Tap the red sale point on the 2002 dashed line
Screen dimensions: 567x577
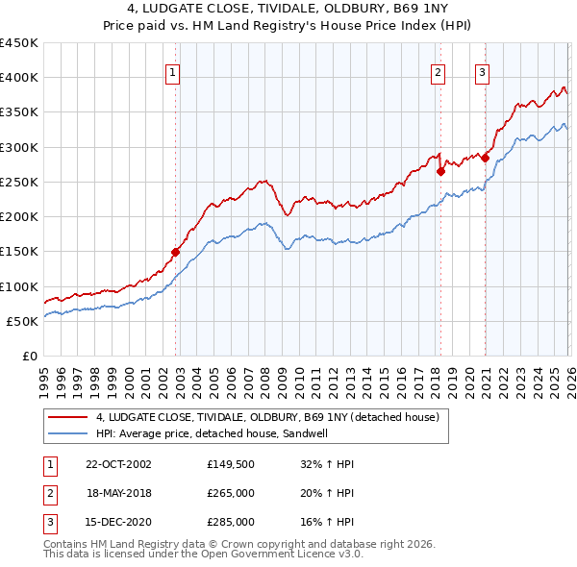pyautogui.click(x=176, y=252)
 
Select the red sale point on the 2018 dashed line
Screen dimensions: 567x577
pyautogui.click(x=440, y=172)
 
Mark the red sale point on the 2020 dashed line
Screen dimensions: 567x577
pyautogui.click(x=485, y=158)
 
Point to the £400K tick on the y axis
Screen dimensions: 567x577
pyautogui.click(x=19, y=78)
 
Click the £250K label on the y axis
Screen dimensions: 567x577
pyautogui.click(x=19, y=182)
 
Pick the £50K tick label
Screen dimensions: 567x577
pyautogui.click(x=23, y=321)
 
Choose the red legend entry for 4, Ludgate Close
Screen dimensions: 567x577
pyautogui.click(x=266, y=417)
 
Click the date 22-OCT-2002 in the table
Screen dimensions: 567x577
pyautogui.click(x=118, y=464)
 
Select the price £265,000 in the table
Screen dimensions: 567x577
pyautogui.click(x=231, y=493)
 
